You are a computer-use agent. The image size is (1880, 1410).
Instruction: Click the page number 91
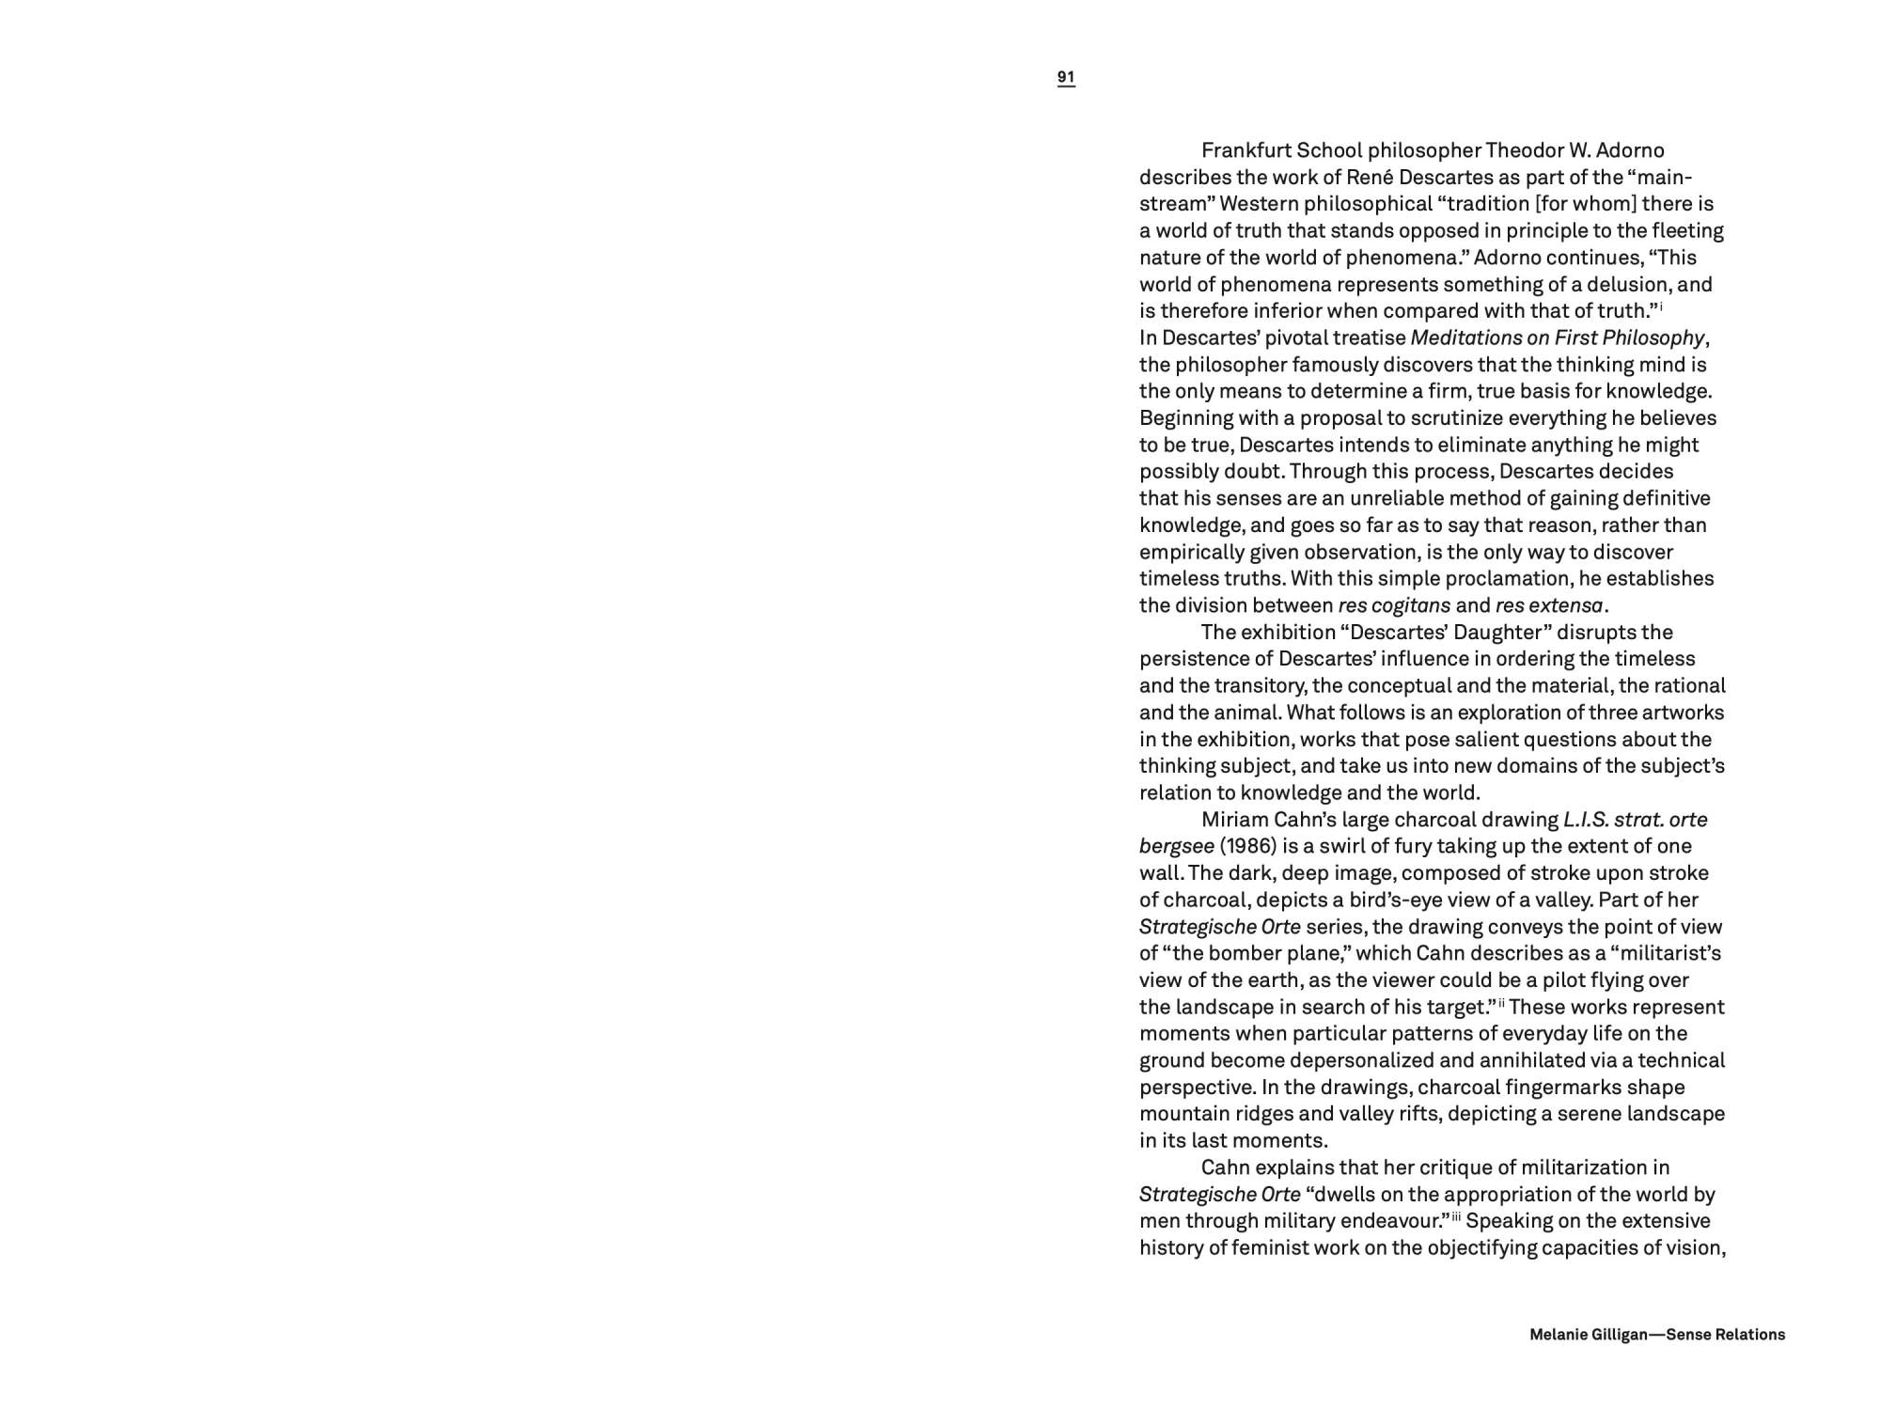point(1066,77)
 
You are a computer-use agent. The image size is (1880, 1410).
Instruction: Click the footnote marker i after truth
point(1661,306)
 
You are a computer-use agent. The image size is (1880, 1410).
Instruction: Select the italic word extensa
point(1564,605)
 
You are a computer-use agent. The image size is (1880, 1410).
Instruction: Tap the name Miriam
point(1234,820)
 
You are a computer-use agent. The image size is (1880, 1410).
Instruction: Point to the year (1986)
point(1247,846)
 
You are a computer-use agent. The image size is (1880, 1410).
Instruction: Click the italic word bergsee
point(1176,846)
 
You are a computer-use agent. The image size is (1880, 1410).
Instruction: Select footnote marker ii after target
point(1502,1004)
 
